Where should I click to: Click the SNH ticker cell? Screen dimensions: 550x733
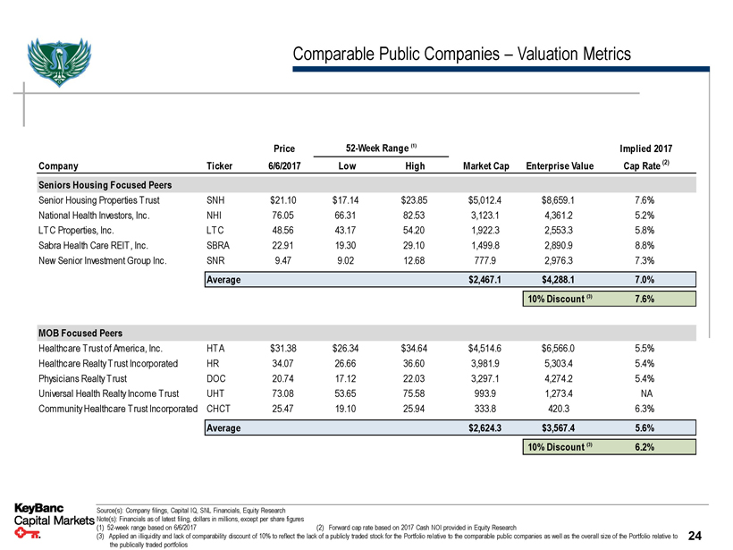pyautogui.click(x=215, y=201)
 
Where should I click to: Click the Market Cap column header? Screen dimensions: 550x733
pyautogui.click(x=486, y=165)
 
